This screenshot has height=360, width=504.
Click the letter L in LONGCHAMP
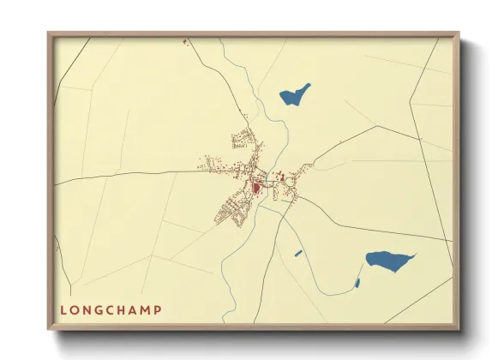coord(63,309)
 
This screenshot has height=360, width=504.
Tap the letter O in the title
coord(76,309)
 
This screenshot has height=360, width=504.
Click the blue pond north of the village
coord(295,93)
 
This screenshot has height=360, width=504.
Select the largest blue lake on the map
coord(388,259)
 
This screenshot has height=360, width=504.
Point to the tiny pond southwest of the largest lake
coord(357,282)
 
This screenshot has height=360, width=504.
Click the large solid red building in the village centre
coord(255,188)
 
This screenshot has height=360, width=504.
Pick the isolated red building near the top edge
coord(184,41)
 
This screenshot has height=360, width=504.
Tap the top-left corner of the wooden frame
coord(49,34)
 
